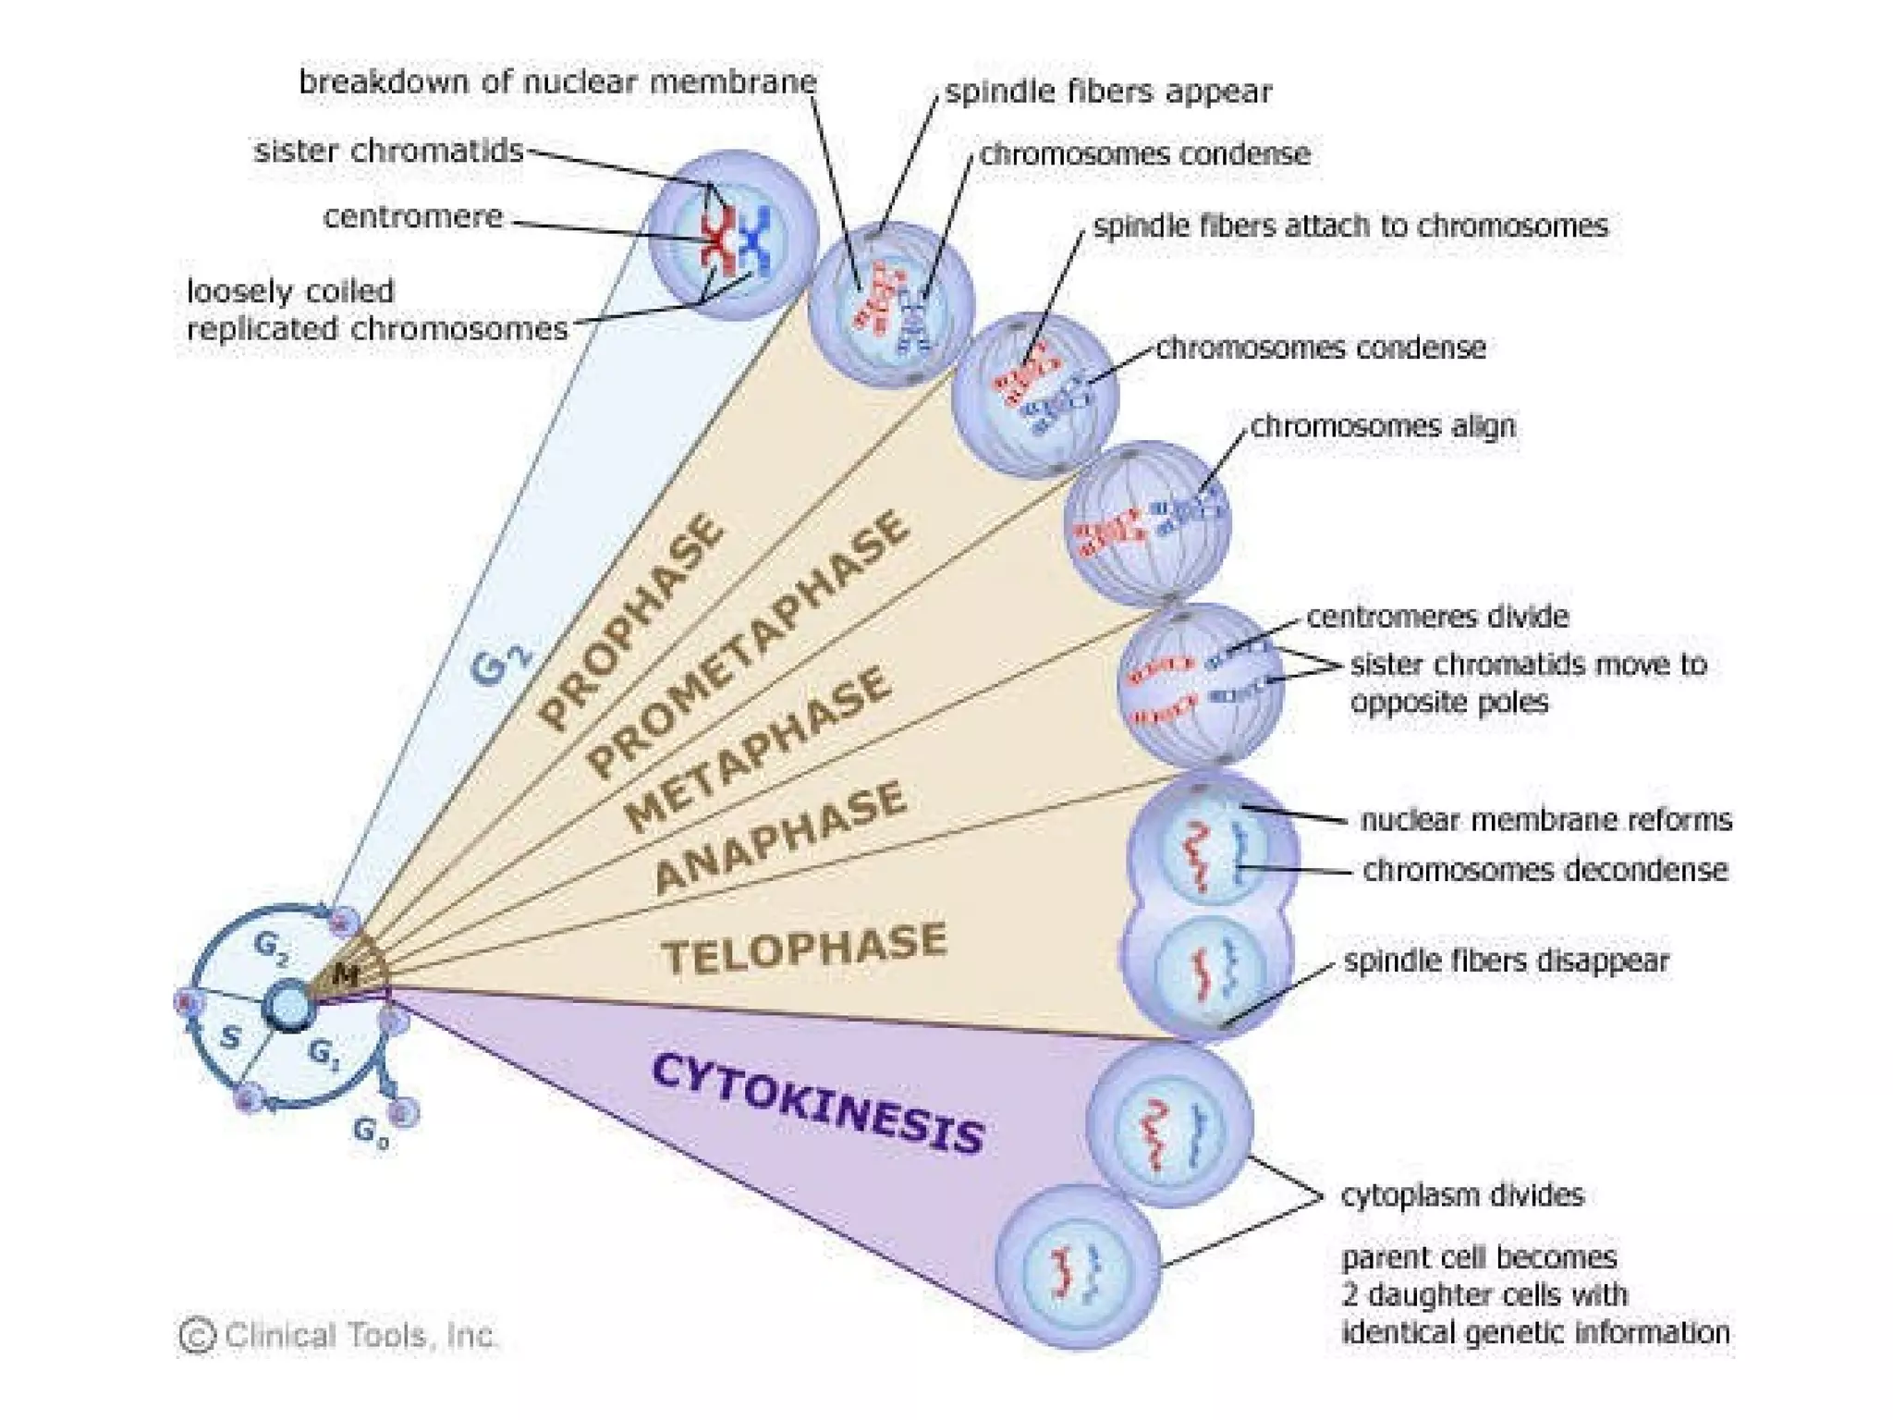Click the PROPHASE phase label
631,621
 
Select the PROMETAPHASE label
749,644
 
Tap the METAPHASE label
758,748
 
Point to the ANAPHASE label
779,837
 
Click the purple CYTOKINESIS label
817,1104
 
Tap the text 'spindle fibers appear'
1107,92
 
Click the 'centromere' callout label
413,217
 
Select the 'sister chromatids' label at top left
388,151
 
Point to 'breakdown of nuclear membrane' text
557,81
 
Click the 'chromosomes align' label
1382,426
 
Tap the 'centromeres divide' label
1436,617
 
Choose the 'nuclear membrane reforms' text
1545,820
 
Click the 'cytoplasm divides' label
1462,1195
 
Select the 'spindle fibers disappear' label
1506,961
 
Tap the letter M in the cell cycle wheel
345,973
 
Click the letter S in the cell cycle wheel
230,1037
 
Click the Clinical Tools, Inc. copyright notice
337,1335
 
